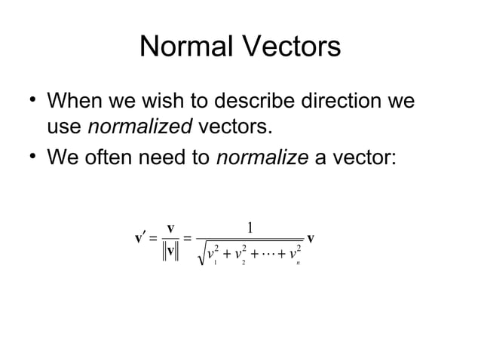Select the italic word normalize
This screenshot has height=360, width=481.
(x=256, y=157)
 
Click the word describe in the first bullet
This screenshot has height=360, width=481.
(x=231, y=101)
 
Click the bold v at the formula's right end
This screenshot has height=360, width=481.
(x=311, y=238)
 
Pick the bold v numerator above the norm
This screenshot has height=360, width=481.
(x=171, y=227)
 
